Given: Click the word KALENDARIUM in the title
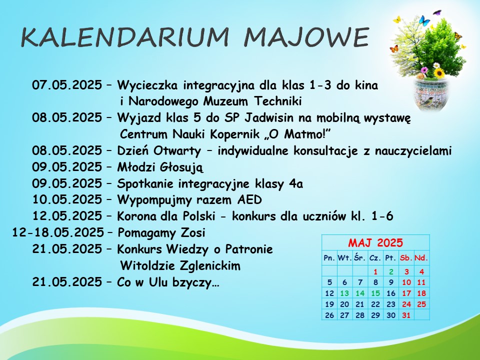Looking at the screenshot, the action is [125, 37].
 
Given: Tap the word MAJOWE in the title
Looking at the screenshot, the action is [306, 37].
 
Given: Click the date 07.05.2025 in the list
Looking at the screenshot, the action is [67, 85].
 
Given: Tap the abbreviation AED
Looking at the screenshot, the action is [249, 199].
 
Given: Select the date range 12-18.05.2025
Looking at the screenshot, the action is [58, 232].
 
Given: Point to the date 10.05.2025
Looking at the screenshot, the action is [67, 199].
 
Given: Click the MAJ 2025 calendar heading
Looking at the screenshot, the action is [375, 243].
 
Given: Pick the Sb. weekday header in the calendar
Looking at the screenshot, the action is [406, 258].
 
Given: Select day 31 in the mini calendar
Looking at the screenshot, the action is [406, 315].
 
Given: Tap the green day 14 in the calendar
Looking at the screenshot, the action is [360, 293].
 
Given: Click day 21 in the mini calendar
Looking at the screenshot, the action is [360, 304].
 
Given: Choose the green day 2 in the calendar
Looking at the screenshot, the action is [391, 271].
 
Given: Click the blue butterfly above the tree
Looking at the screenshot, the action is [424, 20].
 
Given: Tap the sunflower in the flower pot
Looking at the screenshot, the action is [439, 73].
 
